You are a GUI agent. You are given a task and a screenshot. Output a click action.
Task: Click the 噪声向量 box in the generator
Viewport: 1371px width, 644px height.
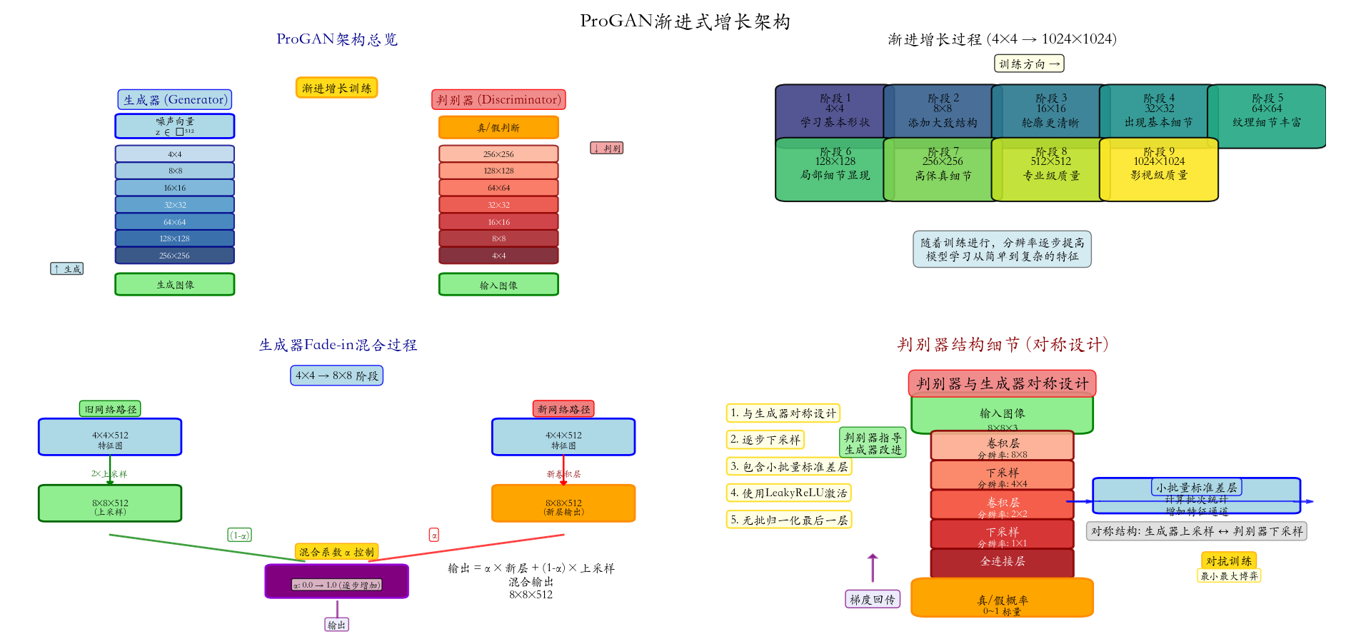tap(174, 126)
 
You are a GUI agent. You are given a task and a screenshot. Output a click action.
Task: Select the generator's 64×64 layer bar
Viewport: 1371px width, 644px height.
tap(174, 222)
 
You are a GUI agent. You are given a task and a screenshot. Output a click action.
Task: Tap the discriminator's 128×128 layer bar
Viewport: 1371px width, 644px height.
tap(498, 171)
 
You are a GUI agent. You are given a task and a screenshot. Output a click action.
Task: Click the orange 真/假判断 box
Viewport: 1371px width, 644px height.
tap(498, 128)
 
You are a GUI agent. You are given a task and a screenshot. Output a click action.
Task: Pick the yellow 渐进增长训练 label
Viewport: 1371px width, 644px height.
tap(336, 88)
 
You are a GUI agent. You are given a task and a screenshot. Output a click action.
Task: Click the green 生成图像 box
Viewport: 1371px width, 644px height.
tap(174, 284)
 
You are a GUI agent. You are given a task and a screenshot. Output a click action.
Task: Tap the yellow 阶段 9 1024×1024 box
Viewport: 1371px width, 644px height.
tap(1159, 169)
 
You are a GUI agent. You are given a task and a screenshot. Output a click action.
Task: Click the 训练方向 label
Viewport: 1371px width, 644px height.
tap(1029, 64)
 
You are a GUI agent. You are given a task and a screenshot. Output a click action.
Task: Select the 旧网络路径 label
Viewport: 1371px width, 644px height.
tap(110, 409)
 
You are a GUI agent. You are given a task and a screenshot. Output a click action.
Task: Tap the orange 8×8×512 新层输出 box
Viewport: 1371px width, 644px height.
tap(563, 504)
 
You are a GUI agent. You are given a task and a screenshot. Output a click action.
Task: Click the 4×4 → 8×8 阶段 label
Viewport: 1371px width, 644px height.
tap(336, 376)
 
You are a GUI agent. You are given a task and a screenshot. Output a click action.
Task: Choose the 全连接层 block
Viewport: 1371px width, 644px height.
tap(1002, 562)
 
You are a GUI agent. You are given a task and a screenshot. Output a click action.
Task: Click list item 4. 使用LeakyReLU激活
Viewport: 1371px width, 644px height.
tap(788, 493)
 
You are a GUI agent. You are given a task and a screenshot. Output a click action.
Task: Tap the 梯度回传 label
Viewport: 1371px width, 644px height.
tap(872, 600)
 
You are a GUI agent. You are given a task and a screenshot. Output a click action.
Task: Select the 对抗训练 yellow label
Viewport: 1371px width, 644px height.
tap(1228, 561)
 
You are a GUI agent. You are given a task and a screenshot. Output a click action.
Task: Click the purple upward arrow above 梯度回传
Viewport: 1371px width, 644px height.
tap(872, 568)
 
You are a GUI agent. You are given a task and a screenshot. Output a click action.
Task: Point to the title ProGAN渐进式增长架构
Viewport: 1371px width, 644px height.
tap(685, 21)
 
